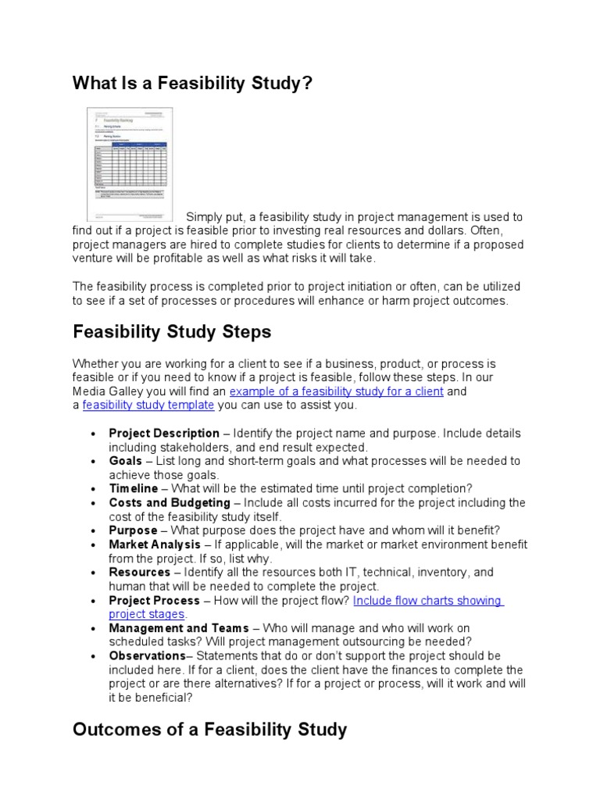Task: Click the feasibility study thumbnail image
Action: (129, 162)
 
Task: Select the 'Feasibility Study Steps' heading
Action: (172, 331)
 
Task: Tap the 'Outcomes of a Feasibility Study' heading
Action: (209, 730)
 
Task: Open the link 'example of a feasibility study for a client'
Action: (337, 391)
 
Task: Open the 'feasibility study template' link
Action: (148, 405)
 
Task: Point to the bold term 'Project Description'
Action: (164, 433)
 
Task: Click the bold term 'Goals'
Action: (125, 461)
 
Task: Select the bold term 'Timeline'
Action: (133, 488)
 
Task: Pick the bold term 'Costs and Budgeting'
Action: (170, 502)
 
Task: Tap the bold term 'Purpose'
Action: (133, 530)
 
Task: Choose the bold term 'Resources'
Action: (139, 573)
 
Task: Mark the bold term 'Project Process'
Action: (154, 601)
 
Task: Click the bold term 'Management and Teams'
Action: (178, 628)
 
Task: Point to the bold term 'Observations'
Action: (147, 656)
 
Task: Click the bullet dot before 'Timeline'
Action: (94, 489)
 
